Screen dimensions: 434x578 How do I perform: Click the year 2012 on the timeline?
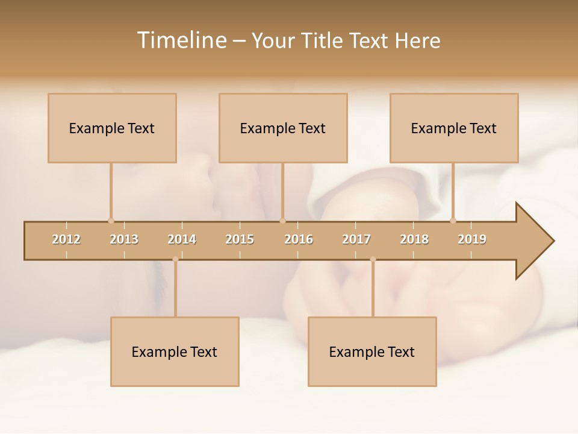[66, 239]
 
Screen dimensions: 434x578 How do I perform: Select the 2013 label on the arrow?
[124, 239]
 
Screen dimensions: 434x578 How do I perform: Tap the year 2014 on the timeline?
[182, 239]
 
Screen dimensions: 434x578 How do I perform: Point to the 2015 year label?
[240, 239]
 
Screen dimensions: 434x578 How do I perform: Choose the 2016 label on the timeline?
[299, 239]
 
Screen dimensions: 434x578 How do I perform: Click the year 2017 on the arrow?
[356, 239]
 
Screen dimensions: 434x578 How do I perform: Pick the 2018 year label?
[414, 239]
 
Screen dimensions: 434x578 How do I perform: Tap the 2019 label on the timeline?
[472, 239]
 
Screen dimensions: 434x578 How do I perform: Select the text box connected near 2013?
[112, 128]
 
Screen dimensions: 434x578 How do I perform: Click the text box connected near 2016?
[283, 128]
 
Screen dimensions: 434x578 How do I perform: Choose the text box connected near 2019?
[454, 128]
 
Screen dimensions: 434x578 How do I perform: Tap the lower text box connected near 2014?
[175, 351]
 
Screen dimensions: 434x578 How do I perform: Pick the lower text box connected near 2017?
[372, 351]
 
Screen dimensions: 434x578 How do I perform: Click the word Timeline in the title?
[181, 40]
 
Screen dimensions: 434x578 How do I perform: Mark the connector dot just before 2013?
[111, 221]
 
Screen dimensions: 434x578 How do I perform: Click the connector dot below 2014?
[175, 259]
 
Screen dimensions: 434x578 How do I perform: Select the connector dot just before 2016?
[282, 221]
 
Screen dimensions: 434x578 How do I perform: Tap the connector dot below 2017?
[373, 259]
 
